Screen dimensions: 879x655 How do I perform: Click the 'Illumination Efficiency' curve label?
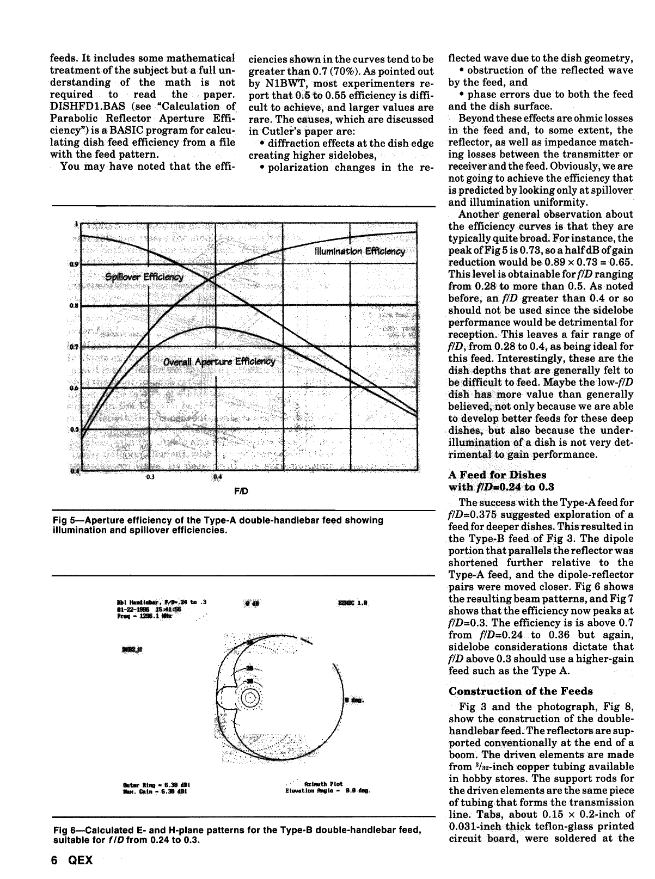click(360, 251)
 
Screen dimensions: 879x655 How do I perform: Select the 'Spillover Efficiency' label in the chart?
click(145, 276)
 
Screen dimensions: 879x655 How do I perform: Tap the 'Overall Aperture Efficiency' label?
click(219, 362)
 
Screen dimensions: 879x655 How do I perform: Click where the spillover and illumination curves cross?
click(210, 280)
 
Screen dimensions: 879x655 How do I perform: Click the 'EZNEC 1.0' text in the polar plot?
click(353, 603)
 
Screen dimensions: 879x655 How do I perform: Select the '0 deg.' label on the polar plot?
click(354, 700)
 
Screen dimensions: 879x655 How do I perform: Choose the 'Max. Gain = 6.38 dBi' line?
click(156, 791)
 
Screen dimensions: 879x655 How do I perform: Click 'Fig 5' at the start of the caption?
click(64, 520)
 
